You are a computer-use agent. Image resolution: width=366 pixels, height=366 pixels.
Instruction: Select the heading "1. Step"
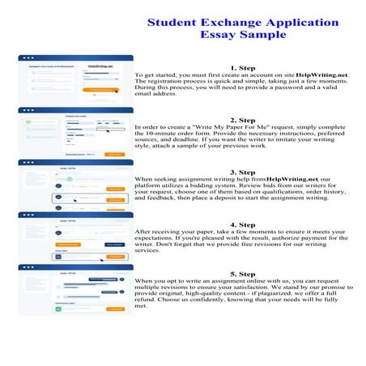pyautogui.click(x=243, y=68)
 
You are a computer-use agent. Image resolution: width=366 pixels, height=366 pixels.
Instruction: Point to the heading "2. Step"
pyautogui.click(x=243, y=120)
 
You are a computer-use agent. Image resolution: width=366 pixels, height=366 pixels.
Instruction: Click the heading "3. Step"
pyautogui.click(x=243, y=172)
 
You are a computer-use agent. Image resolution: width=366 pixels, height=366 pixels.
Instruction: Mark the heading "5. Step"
pyautogui.click(x=243, y=274)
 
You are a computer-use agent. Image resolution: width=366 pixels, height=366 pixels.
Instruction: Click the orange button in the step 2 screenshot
pyautogui.click(x=113, y=154)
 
